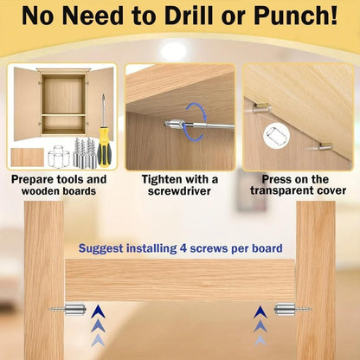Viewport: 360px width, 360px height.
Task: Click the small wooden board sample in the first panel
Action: click(25, 158)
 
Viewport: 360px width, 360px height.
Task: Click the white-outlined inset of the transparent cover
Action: click(275, 136)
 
